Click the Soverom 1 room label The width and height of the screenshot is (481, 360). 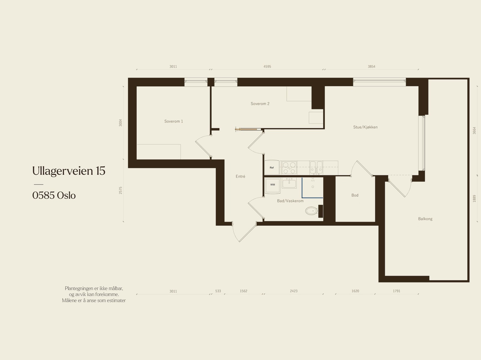click(173, 121)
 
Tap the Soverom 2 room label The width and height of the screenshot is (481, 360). click(260, 104)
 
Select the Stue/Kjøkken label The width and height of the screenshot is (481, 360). click(365, 127)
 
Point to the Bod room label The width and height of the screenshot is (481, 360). click(355, 195)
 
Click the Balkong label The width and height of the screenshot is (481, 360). click(425, 219)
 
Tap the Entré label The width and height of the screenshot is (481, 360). click(240, 176)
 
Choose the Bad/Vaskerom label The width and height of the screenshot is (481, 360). click(290, 201)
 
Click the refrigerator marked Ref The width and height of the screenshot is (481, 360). click(272, 168)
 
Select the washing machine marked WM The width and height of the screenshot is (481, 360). click(273, 185)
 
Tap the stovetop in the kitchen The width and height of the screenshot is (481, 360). click(289, 168)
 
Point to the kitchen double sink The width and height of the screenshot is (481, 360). click(316, 167)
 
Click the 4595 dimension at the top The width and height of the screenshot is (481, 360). click(267, 67)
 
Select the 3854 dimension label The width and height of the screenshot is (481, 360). click(372, 67)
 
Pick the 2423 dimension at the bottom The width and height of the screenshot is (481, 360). click(293, 291)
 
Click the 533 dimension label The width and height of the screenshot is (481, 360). click(218, 291)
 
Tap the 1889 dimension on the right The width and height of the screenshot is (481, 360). click(474, 199)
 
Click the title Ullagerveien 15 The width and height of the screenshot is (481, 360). click(69, 171)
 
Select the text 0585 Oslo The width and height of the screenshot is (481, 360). click(54, 196)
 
